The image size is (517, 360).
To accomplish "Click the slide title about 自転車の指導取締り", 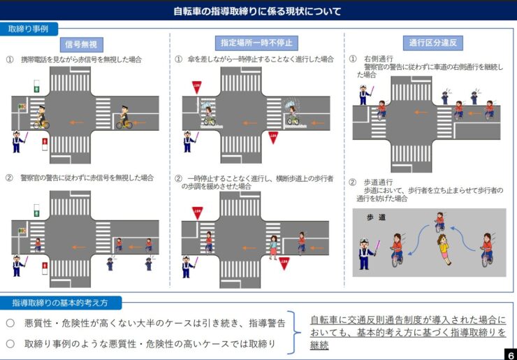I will pyautogui.click(x=258, y=11).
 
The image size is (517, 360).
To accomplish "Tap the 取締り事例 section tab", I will pyautogui.click(x=29, y=29).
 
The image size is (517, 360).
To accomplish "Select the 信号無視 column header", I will pyautogui.click(x=83, y=44).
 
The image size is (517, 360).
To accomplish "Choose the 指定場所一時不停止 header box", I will pyautogui.click(x=256, y=43).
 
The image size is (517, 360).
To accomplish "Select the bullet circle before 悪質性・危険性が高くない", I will pyautogui.click(x=10, y=323).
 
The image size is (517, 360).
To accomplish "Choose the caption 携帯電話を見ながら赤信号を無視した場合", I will pyautogui.click(x=87, y=60).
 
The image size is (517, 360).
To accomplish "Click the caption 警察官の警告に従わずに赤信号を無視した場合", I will pyautogui.click(x=87, y=178).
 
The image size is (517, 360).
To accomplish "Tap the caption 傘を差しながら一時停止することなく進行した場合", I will pyautogui.click(x=260, y=60).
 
